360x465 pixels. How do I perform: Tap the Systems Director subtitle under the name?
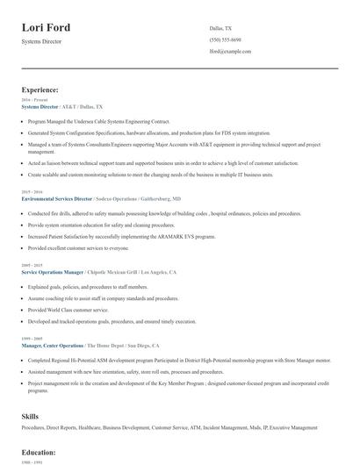pyautogui.click(x=42, y=41)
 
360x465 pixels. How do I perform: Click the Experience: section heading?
pyautogui.click(x=40, y=89)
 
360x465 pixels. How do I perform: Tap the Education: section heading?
pyautogui.click(x=39, y=452)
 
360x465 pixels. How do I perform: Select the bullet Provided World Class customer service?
pyautogui.click(x=62, y=310)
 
